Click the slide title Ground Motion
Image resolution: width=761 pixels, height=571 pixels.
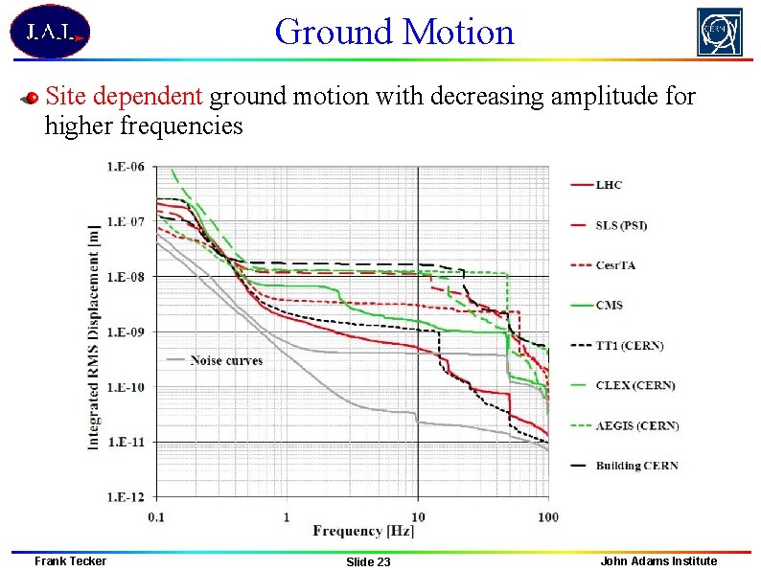click(x=394, y=32)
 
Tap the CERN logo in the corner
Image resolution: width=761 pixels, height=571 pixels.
click(x=719, y=33)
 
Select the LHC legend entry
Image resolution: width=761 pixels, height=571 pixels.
click(x=610, y=184)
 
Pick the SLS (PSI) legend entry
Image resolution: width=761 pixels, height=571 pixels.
click(x=621, y=225)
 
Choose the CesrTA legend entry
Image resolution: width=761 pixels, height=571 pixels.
click(x=615, y=265)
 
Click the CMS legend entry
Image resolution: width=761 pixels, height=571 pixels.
click(x=610, y=306)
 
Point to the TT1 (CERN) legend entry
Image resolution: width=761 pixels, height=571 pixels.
click(x=629, y=345)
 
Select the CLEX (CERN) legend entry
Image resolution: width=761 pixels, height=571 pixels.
click(x=634, y=385)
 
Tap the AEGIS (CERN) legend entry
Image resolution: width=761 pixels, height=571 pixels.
click(x=636, y=425)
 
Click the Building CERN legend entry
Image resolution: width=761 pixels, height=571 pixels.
click(x=636, y=466)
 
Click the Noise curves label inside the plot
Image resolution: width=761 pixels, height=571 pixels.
click(x=226, y=360)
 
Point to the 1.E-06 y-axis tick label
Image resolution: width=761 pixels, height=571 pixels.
click(x=125, y=167)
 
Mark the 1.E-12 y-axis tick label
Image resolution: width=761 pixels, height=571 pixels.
click(x=125, y=496)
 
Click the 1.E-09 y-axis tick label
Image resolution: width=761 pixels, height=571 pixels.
click(x=125, y=331)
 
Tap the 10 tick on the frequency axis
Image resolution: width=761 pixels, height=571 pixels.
click(x=418, y=517)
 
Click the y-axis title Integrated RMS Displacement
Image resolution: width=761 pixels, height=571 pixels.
click(x=94, y=331)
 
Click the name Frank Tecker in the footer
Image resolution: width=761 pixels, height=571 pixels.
click(x=70, y=560)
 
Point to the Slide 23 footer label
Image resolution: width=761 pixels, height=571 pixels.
click(x=368, y=561)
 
